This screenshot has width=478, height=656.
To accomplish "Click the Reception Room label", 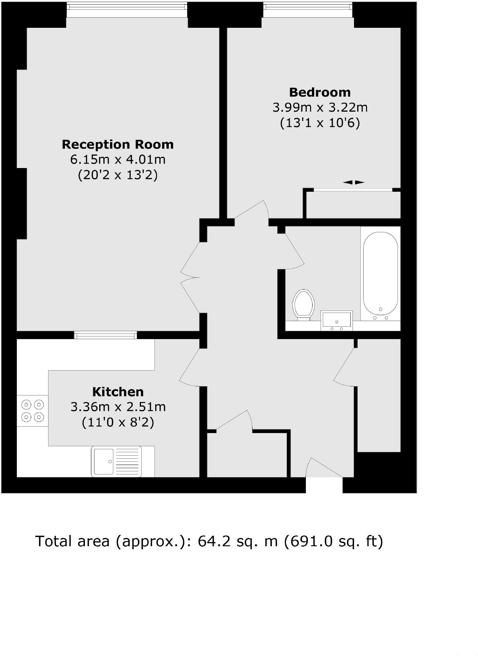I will click(118, 144).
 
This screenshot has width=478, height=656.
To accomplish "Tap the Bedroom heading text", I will click(320, 92).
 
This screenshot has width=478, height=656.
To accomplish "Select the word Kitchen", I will click(118, 392).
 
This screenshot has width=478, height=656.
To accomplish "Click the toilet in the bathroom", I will click(304, 304).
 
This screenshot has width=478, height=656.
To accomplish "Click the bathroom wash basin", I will click(336, 320).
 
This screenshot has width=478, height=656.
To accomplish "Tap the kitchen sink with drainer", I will click(116, 461).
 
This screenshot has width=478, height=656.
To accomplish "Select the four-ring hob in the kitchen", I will click(33, 411).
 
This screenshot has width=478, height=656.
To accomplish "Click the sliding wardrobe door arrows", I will click(354, 182).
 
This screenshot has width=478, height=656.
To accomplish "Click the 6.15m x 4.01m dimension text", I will click(118, 159).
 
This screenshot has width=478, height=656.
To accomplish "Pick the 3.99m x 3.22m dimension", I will click(320, 108).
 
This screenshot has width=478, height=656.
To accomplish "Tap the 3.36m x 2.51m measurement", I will click(118, 407).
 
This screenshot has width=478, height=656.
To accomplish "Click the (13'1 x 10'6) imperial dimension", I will click(320, 123).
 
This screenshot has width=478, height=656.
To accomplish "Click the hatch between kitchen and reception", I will click(106, 335).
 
